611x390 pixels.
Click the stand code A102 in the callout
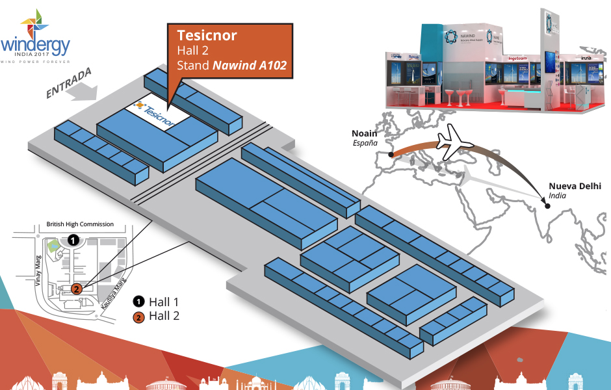[x=272, y=66]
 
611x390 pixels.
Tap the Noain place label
[x=364, y=131]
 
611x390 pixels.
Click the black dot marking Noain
[x=391, y=155]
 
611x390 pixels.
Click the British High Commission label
[x=80, y=224]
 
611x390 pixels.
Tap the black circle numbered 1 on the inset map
[x=73, y=240]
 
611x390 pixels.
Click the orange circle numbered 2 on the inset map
[x=76, y=289]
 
